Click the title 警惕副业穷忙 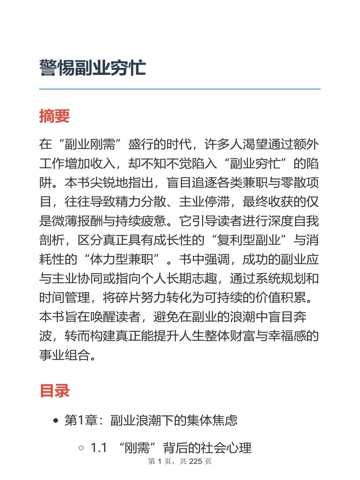[93, 68]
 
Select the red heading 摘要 [54, 116]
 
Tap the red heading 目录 [54, 390]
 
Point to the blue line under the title [180, 89]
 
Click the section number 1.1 [98, 448]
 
